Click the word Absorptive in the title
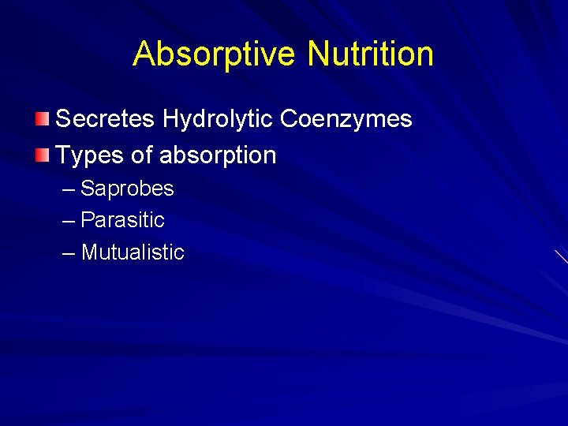pyautogui.click(x=215, y=54)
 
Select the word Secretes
pyautogui.click(x=106, y=119)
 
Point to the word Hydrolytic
pyautogui.click(x=218, y=119)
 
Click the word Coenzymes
pyautogui.click(x=346, y=119)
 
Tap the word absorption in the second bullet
pyautogui.click(x=218, y=155)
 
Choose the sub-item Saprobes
pyautogui.click(x=127, y=189)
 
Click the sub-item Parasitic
pyautogui.click(x=122, y=220)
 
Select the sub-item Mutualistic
pyautogui.click(x=133, y=252)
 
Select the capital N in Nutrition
pyautogui.click(x=317, y=54)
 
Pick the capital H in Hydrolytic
pyautogui.click(x=170, y=119)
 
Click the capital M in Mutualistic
pyautogui.click(x=89, y=252)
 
